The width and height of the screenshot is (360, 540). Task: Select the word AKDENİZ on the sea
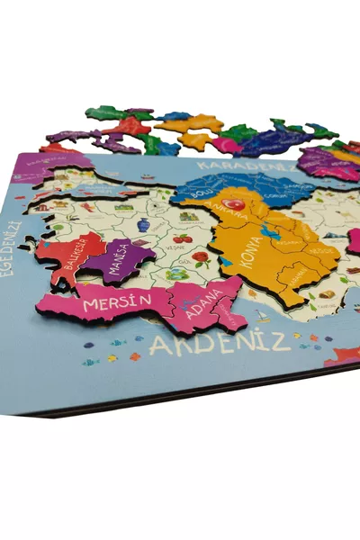click(x=220, y=341)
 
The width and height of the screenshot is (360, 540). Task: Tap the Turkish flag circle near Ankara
click(x=234, y=205)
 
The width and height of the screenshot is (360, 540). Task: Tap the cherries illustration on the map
click(x=182, y=238)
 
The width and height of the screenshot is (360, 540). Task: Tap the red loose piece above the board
click(x=131, y=126)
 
